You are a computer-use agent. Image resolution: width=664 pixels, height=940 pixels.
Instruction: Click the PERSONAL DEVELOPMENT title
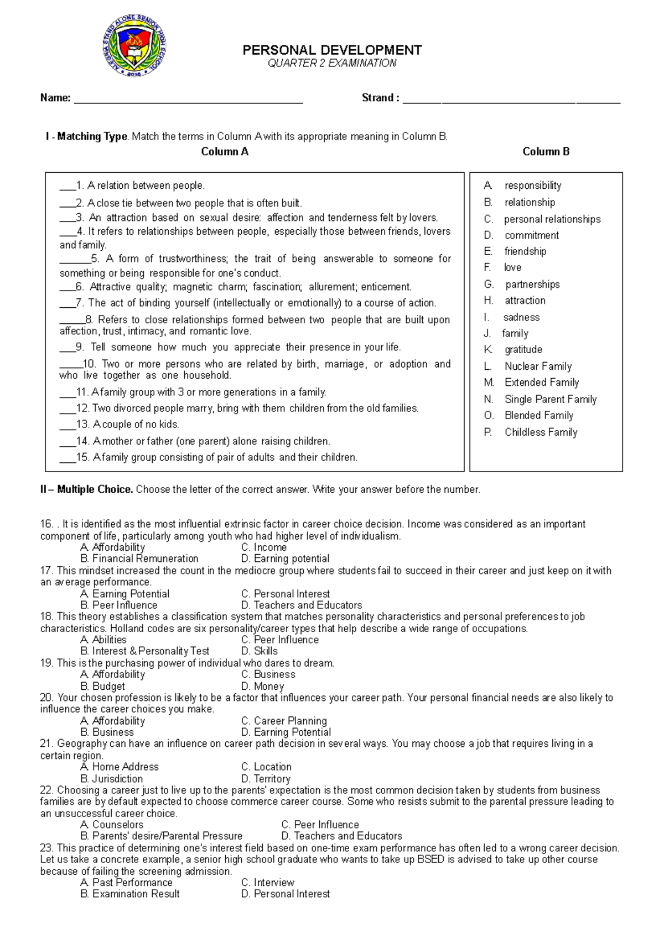coord(332,50)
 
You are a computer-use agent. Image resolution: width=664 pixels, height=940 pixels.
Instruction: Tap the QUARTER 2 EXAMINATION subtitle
coord(332,63)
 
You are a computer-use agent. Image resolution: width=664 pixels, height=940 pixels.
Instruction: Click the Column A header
coord(225,152)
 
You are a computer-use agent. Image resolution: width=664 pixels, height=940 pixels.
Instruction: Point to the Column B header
coord(546,152)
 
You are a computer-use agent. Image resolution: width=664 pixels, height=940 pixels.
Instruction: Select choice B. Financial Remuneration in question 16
coord(139,559)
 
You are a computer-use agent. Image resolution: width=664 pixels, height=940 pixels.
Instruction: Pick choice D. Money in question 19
coord(263,686)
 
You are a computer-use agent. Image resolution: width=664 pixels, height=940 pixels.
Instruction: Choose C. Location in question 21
coord(266,767)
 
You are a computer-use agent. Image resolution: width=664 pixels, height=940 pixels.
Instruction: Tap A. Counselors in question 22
coord(112,824)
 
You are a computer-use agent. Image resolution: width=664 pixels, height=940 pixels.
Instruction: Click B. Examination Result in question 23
coord(130,893)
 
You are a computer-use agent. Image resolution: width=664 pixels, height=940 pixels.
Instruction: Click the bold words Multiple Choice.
coord(95,489)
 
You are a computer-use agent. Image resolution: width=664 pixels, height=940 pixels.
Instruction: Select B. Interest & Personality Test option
coord(145,651)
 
